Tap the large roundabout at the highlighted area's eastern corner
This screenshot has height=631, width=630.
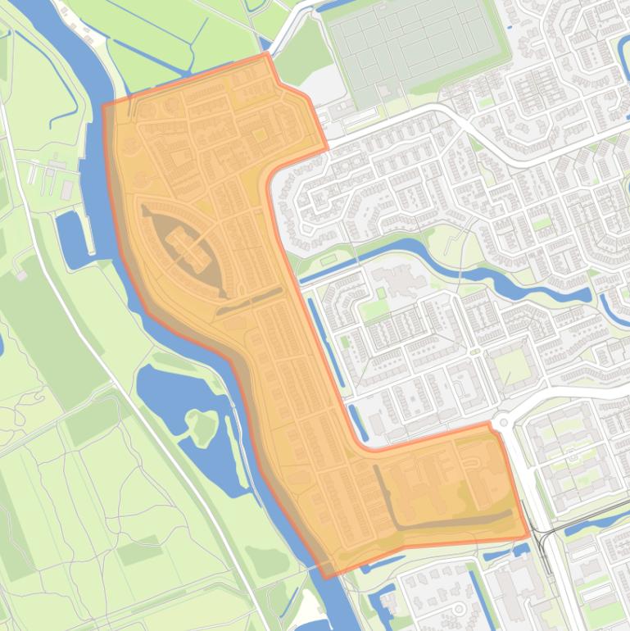pos(501,423)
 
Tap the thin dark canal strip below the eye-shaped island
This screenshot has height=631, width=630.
pos(250,300)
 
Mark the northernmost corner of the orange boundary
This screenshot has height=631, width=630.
pos(267,54)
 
